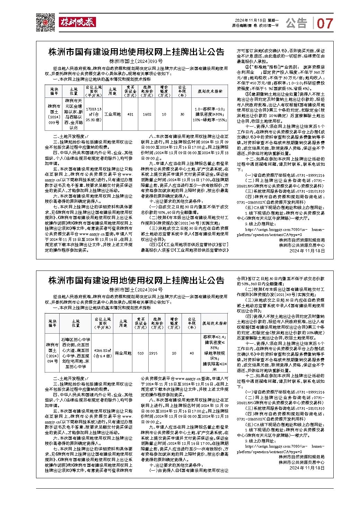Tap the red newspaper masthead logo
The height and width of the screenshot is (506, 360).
tap(77, 22)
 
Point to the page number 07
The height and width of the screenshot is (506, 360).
tap(325, 23)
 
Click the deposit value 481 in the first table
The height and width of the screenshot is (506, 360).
tap(130, 114)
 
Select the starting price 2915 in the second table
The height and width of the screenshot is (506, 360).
tap(153, 353)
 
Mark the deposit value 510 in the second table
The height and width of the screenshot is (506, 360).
tap(141, 353)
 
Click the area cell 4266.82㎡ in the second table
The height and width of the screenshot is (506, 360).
tap(103, 353)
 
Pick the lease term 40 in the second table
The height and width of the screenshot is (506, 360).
tap(192, 353)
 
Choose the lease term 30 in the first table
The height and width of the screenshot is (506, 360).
tap(182, 114)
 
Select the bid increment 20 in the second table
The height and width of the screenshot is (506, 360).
tap(174, 353)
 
